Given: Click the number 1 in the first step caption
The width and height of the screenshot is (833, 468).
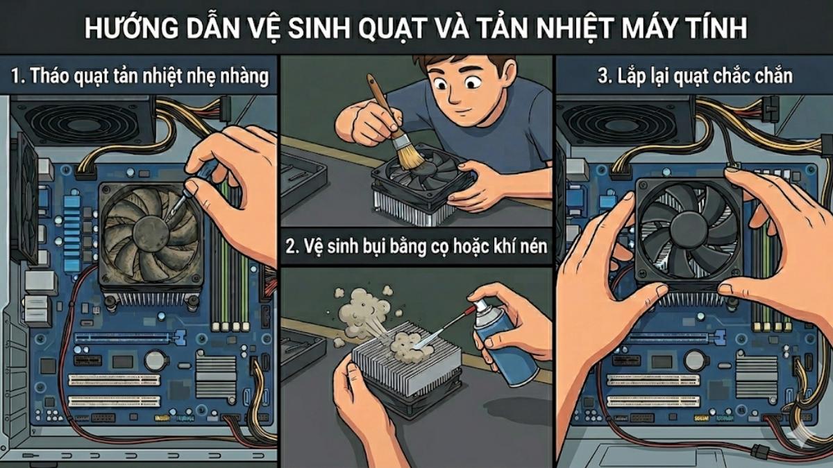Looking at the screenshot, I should click(16, 76).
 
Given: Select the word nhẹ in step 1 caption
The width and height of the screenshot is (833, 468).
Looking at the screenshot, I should click(199, 76).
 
